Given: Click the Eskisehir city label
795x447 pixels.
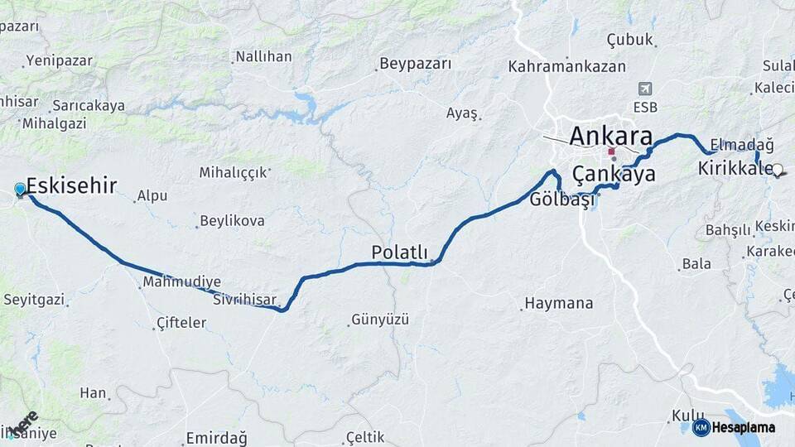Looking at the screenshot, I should (71, 185).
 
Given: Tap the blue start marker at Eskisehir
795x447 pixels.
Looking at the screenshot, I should (21, 190).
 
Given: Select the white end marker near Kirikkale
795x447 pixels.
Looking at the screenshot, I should (777, 170).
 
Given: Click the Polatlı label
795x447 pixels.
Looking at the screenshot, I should (399, 252).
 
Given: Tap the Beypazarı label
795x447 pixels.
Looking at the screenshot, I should (416, 64).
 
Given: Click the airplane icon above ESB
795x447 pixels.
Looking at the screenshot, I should (646, 89).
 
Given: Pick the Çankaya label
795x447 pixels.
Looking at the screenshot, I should (614, 175).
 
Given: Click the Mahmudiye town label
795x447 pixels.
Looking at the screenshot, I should (181, 282).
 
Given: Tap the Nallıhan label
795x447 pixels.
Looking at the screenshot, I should (263, 57).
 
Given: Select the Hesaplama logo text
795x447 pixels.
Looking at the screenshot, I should (743, 428).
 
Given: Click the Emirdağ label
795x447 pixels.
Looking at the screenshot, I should (217, 438).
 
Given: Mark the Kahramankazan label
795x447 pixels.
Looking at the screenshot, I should (567, 66).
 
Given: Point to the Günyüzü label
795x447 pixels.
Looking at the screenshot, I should (380, 319).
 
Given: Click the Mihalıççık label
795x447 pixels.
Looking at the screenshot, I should (234, 172).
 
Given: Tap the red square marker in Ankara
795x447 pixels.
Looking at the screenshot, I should (611, 152).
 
